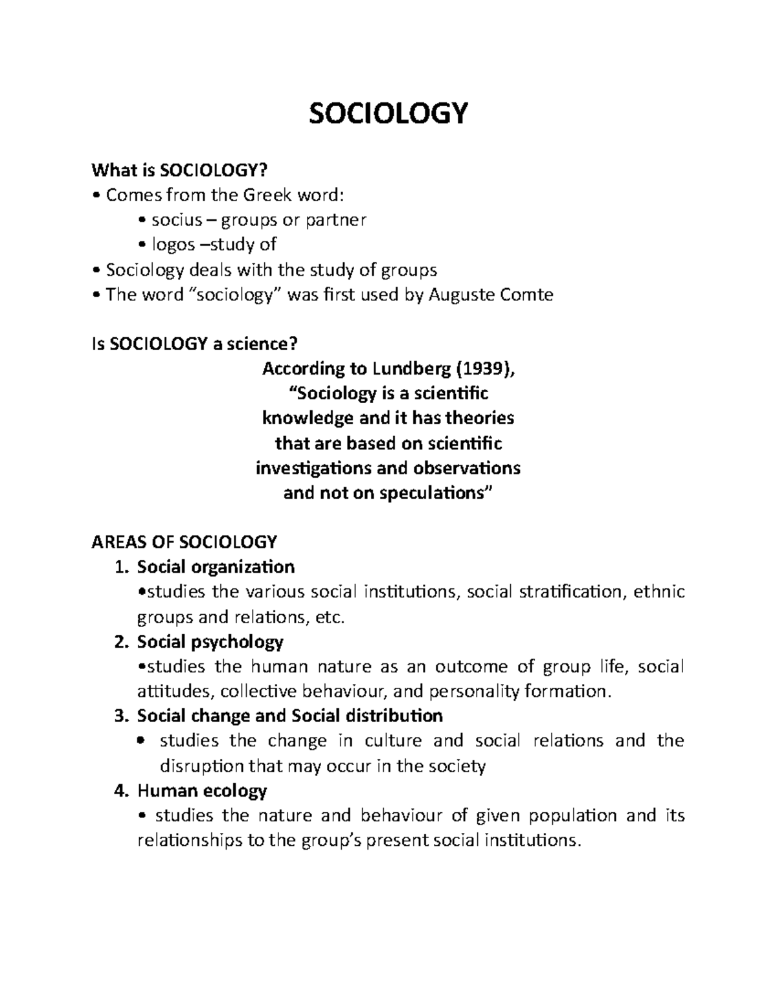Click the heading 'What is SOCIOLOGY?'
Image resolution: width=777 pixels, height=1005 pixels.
[179, 170]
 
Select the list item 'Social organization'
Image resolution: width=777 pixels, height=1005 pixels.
[216, 567]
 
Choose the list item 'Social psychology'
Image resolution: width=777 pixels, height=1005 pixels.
[210, 642]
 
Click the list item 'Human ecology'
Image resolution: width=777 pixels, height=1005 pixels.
[201, 790]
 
